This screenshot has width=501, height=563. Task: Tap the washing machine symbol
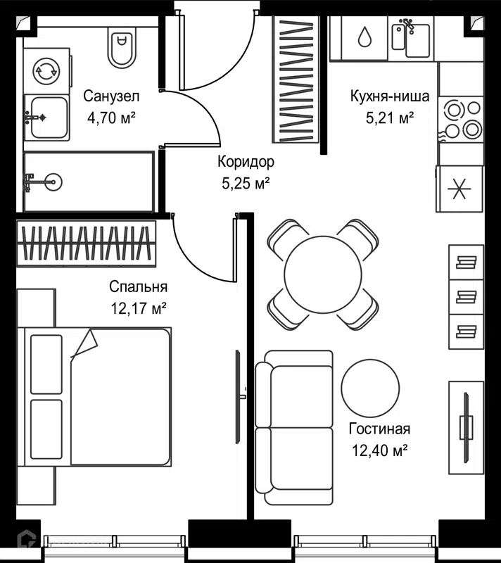46,71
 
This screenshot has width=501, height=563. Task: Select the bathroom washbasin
46,118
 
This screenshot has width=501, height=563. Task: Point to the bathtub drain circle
53,182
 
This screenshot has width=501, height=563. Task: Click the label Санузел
111,96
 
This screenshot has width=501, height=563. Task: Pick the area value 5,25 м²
246,184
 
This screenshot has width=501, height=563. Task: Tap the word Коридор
246,162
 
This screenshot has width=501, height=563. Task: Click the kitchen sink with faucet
411,38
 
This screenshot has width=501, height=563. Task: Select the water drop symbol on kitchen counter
364,37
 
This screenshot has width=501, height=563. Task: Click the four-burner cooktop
461,119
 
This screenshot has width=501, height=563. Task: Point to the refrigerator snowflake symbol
459,189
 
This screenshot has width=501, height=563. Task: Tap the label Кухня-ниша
390,96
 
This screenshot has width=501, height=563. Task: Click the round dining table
323,274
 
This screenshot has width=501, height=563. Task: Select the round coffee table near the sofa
370,388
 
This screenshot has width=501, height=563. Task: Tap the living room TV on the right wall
467,427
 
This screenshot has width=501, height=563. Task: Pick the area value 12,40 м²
379,450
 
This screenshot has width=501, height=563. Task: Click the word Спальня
138,286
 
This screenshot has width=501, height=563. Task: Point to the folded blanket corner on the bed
84,345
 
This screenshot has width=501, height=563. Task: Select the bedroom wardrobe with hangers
87,243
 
